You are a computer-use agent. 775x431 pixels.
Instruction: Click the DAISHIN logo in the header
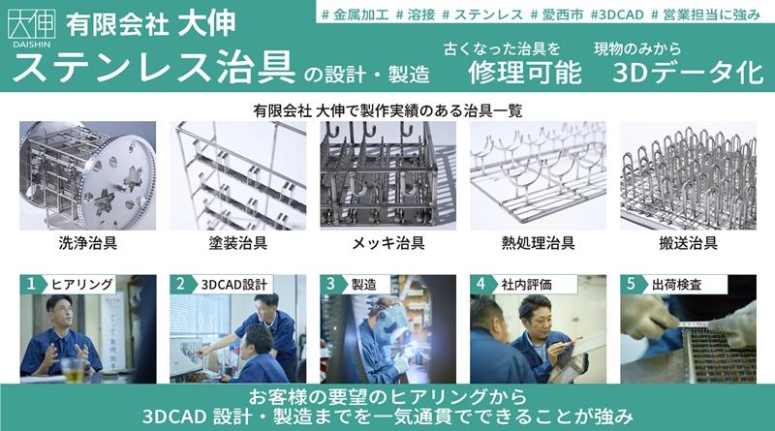[x=32, y=28]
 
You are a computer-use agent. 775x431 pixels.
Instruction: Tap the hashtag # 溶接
[x=416, y=15]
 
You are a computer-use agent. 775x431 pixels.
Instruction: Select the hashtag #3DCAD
[x=617, y=15]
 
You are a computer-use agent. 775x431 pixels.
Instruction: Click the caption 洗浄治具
[x=87, y=243]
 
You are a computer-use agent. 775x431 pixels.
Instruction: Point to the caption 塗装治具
[x=237, y=243]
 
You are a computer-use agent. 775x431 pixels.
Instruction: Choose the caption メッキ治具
[x=388, y=243]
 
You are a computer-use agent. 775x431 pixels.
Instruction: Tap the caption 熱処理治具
[x=539, y=243]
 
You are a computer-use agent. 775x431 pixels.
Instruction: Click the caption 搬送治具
[x=688, y=243]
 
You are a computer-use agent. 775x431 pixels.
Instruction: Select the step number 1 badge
[x=31, y=284]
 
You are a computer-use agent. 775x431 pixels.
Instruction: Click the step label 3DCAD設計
[x=233, y=285]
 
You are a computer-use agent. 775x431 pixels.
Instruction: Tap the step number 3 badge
[x=330, y=284]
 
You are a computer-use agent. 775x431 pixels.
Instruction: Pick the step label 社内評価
[x=526, y=285]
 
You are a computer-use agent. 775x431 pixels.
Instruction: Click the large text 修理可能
[x=524, y=73]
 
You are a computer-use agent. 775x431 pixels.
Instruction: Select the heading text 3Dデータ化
[x=688, y=73]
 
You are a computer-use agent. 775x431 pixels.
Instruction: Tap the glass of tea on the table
[x=73, y=370]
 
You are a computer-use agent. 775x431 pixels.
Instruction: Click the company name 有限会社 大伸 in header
[x=150, y=23]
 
